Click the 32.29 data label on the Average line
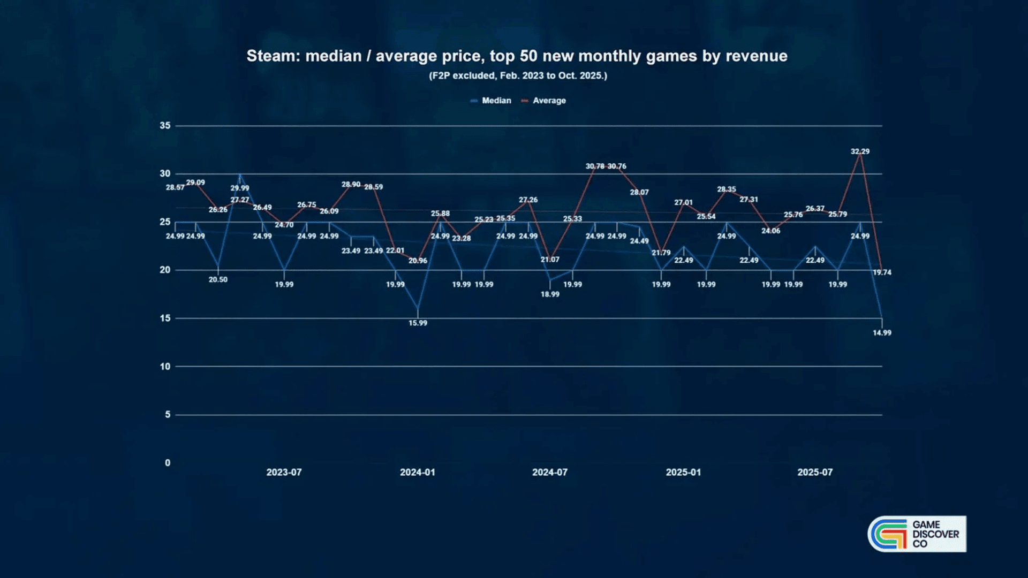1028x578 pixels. pos(860,151)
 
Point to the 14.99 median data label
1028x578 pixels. pos(882,333)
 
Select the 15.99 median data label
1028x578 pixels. pos(418,323)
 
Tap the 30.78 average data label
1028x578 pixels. pos(595,166)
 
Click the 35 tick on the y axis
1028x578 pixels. pos(165,126)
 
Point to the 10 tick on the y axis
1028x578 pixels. pos(165,367)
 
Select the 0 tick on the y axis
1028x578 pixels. pos(168,463)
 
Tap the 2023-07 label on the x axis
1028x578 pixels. pos(284,473)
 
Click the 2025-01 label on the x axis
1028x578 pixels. pos(683,473)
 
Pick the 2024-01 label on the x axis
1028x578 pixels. pos(418,473)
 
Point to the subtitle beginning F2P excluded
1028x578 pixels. pos(518,76)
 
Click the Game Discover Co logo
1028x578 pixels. pos(917,534)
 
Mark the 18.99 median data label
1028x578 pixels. pos(550,294)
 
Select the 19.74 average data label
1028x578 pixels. pos(882,272)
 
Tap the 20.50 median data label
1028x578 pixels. pos(218,280)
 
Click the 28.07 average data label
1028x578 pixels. pos(639,193)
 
